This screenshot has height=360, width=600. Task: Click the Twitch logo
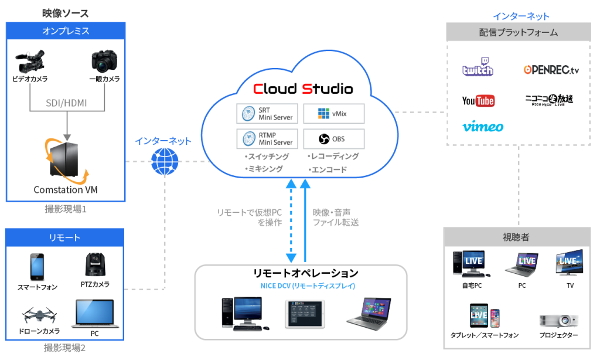(x=478, y=68)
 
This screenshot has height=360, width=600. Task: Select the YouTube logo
(x=478, y=101)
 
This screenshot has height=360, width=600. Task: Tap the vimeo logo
(x=482, y=127)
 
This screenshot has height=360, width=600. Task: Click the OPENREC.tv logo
(x=551, y=70)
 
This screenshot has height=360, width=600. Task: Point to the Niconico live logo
(x=548, y=100)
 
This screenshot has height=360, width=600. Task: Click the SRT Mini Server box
(x=267, y=113)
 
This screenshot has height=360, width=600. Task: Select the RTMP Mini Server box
(x=267, y=139)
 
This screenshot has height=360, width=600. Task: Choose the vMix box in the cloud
(x=333, y=113)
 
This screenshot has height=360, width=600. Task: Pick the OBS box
(x=333, y=139)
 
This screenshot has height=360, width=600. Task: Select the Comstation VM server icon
(x=63, y=160)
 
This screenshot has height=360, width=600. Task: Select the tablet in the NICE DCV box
(x=304, y=313)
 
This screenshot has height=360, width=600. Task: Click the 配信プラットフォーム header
(x=519, y=33)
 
